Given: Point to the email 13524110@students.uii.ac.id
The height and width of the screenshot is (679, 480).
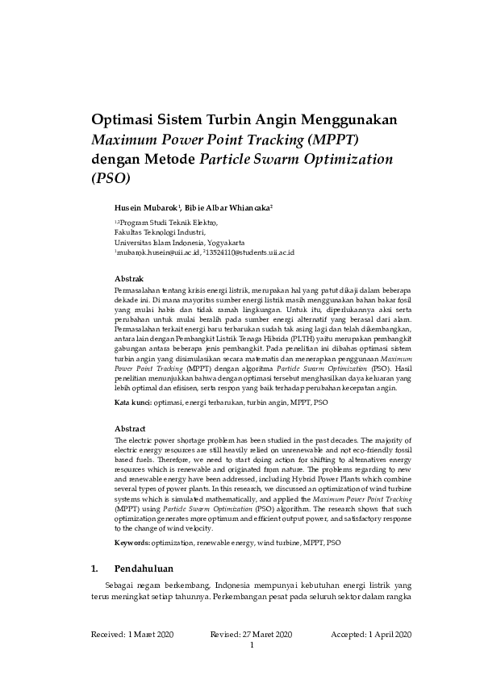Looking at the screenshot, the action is pos(250,252).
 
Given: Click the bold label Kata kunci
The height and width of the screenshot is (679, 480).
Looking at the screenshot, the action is pos(131,401).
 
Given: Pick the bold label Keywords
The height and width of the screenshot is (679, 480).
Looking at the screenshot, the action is pos(131,544).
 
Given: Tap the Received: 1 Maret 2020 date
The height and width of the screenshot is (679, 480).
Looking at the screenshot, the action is pos(134,635).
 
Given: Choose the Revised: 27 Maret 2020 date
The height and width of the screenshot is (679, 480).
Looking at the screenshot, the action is pos(251,635).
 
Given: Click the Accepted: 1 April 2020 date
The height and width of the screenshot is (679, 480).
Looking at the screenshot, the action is pos(371,635).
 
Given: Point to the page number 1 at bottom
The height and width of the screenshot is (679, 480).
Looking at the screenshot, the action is pos(253,645).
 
